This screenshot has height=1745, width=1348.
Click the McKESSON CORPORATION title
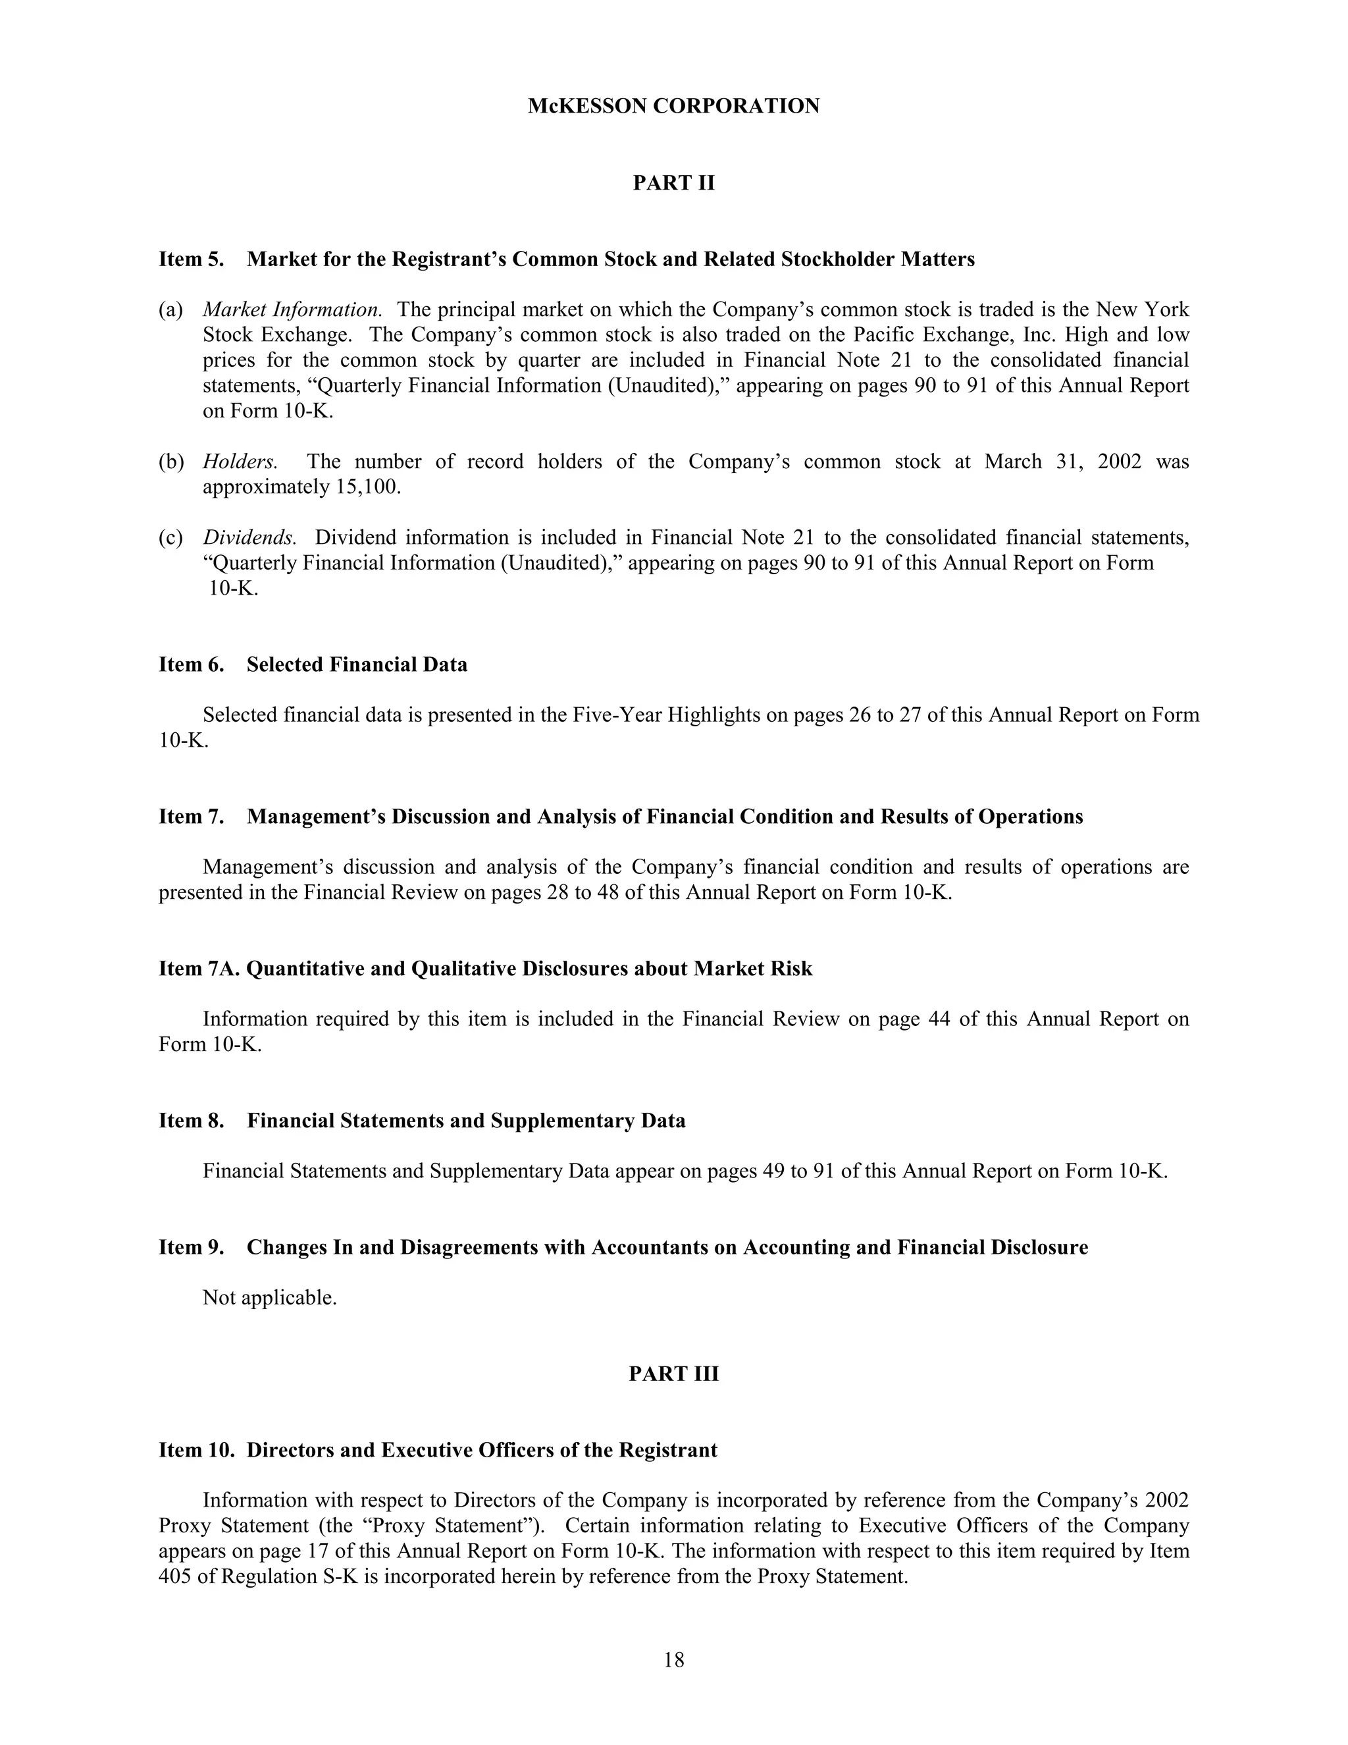tap(673, 106)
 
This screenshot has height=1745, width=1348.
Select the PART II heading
tap(673, 183)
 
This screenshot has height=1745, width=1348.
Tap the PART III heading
tap(673, 1374)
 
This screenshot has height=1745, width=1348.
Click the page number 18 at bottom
tap(673, 1659)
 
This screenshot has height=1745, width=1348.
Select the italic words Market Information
tap(292, 309)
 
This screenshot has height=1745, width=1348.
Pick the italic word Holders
tap(240, 462)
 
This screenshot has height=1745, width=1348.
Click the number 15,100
tap(364, 487)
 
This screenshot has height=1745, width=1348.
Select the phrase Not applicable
tap(269, 1298)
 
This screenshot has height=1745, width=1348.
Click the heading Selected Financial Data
tap(357, 665)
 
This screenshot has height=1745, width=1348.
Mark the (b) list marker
tap(171, 462)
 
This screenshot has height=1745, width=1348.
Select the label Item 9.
tap(191, 1247)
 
